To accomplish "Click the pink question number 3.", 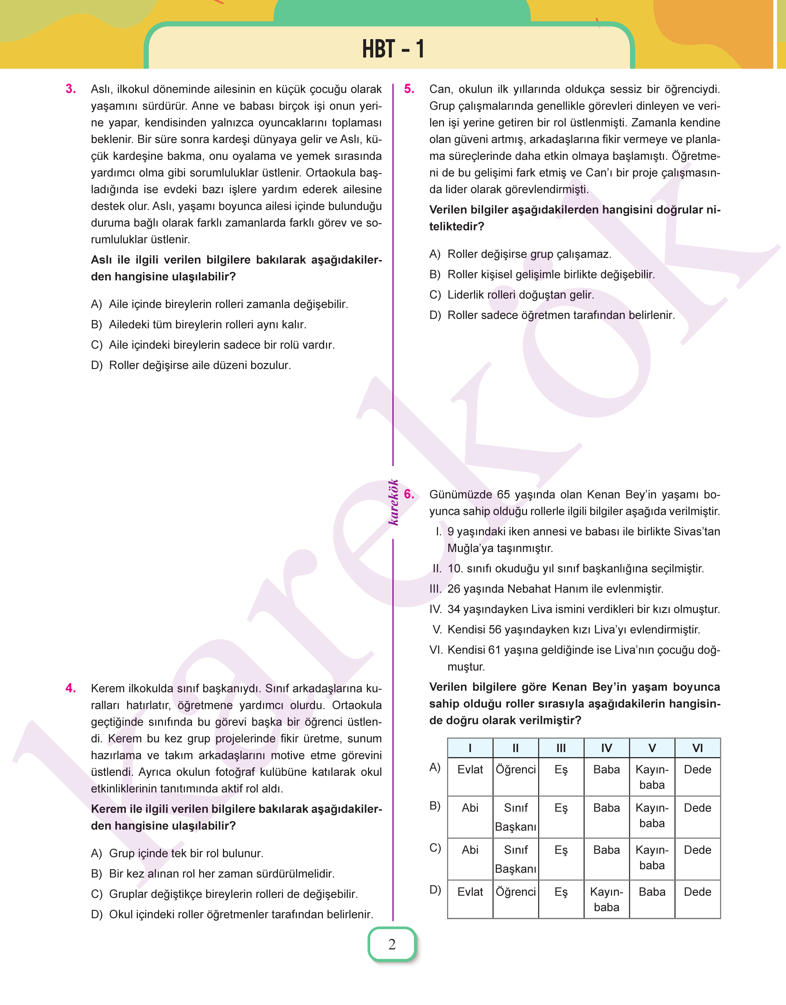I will [71, 89].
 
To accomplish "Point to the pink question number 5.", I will [409, 89].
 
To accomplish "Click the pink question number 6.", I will [409, 494].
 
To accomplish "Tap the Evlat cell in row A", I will [470, 769].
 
